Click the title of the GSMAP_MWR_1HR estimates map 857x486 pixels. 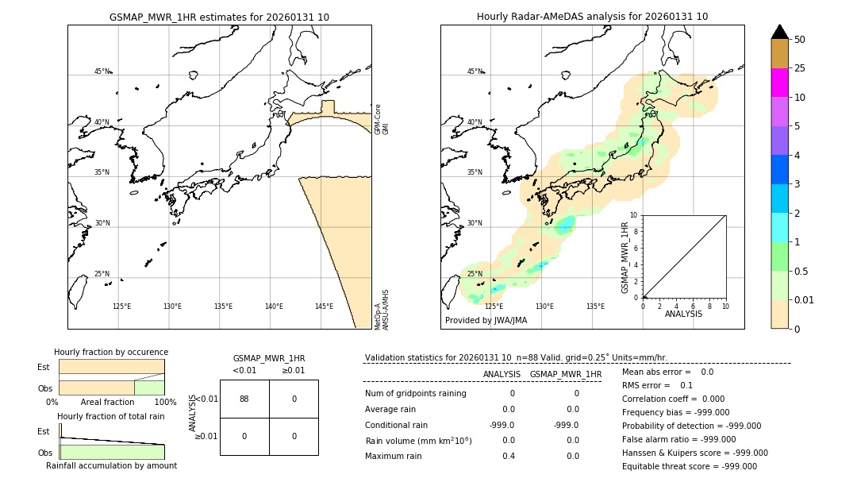point(219,17)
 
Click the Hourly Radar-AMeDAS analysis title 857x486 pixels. point(592,17)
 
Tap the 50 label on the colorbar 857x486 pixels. point(800,39)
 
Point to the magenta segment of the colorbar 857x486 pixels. point(780,83)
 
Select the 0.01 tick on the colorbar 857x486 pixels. point(805,299)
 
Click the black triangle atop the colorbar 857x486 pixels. point(780,32)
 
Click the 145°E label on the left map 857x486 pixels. point(324,307)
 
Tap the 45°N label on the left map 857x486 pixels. point(102,71)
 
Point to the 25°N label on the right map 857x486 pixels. point(475,274)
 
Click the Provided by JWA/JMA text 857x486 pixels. point(486,320)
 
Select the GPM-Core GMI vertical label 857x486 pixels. point(382,119)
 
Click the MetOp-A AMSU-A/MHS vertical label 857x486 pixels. point(382,309)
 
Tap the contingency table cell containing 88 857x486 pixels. point(244,399)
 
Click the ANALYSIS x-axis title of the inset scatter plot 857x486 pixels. point(683,314)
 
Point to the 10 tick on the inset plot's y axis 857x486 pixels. point(633,214)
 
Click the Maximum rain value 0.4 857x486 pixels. point(509,456)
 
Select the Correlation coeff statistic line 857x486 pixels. point(668,399)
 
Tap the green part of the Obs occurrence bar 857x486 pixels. point(149,387)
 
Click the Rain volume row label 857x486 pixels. point(418,441)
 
